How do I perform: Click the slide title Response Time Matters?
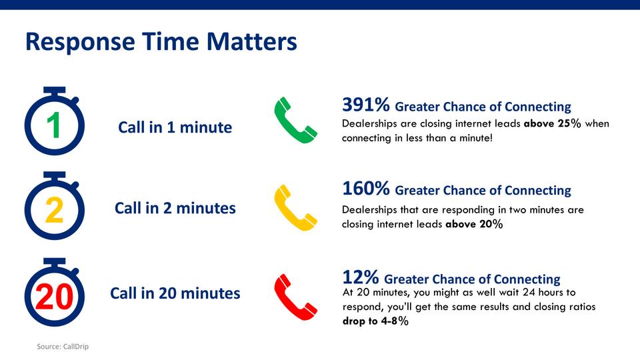pos(161,41)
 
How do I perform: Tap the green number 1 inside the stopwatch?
pos(54,126)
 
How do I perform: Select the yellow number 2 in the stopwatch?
pos(54,210)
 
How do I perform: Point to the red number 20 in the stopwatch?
pos(54,297)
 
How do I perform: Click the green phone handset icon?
pos(295,120)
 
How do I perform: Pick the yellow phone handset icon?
pos(295,207)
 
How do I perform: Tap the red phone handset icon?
pos(295,297)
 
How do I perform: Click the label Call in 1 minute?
pos(175,127)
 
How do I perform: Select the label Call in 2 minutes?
pos(175,208)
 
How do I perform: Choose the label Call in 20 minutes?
pos(175,293)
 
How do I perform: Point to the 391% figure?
pos(366,105)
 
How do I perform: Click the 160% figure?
pos(366,189)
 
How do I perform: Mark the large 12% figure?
pos(361,277)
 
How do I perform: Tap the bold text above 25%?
pos(552,123)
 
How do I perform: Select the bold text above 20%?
pos(474,224)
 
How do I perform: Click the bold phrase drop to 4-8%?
pos(375,321)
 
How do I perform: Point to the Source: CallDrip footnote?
pos(63,347)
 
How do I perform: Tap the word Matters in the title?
pos(252,41)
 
